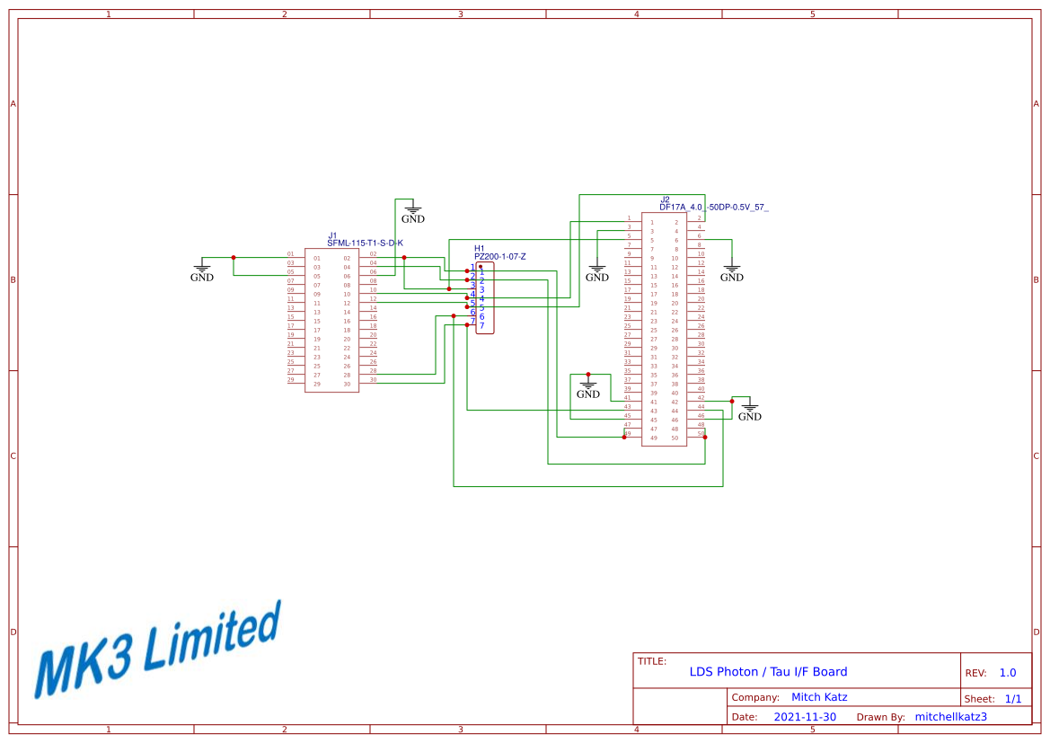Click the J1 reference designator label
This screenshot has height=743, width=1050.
pos(332,235)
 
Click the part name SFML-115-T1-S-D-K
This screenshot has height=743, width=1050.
pos(365,243)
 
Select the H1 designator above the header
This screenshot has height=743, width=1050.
pos(479,248)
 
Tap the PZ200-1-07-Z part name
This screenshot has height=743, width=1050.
pos(499,257)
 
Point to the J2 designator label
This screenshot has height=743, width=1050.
pos(665,199)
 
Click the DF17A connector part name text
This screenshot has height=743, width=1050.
pos(713,208)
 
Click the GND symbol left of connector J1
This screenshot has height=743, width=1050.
pos(202,271)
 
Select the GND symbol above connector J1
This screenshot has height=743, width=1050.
pos(413,213)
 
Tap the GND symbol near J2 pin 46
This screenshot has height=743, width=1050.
pos(749,411)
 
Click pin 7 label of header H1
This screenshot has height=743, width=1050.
pos(481,325)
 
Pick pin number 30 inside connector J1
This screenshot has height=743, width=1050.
pos(347,385)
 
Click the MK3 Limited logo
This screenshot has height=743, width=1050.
pos(157,649)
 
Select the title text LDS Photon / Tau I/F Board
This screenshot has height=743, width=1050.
pos(768,672)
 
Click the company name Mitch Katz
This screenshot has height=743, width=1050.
pos(818,697)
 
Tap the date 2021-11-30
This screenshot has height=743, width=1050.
pos(805,717)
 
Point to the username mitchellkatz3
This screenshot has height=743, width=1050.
pos(950,717)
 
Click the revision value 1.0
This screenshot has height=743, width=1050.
pos(1007,673)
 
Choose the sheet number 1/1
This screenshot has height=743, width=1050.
pos(1012,699)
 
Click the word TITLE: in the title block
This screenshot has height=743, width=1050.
pos(652,661)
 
